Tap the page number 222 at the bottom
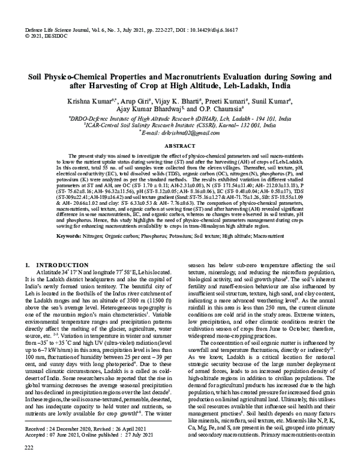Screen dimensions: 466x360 point(29,448)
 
